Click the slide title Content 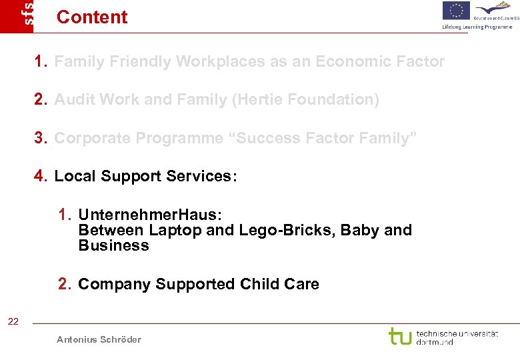point(92,17)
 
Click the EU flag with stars point(456,11)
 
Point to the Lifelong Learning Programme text point(477,27)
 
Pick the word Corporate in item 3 point(88,138)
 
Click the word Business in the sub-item point(113,245)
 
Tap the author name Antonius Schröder point(99,339)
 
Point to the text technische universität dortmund point(457,337)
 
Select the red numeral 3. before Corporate point(41,138)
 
